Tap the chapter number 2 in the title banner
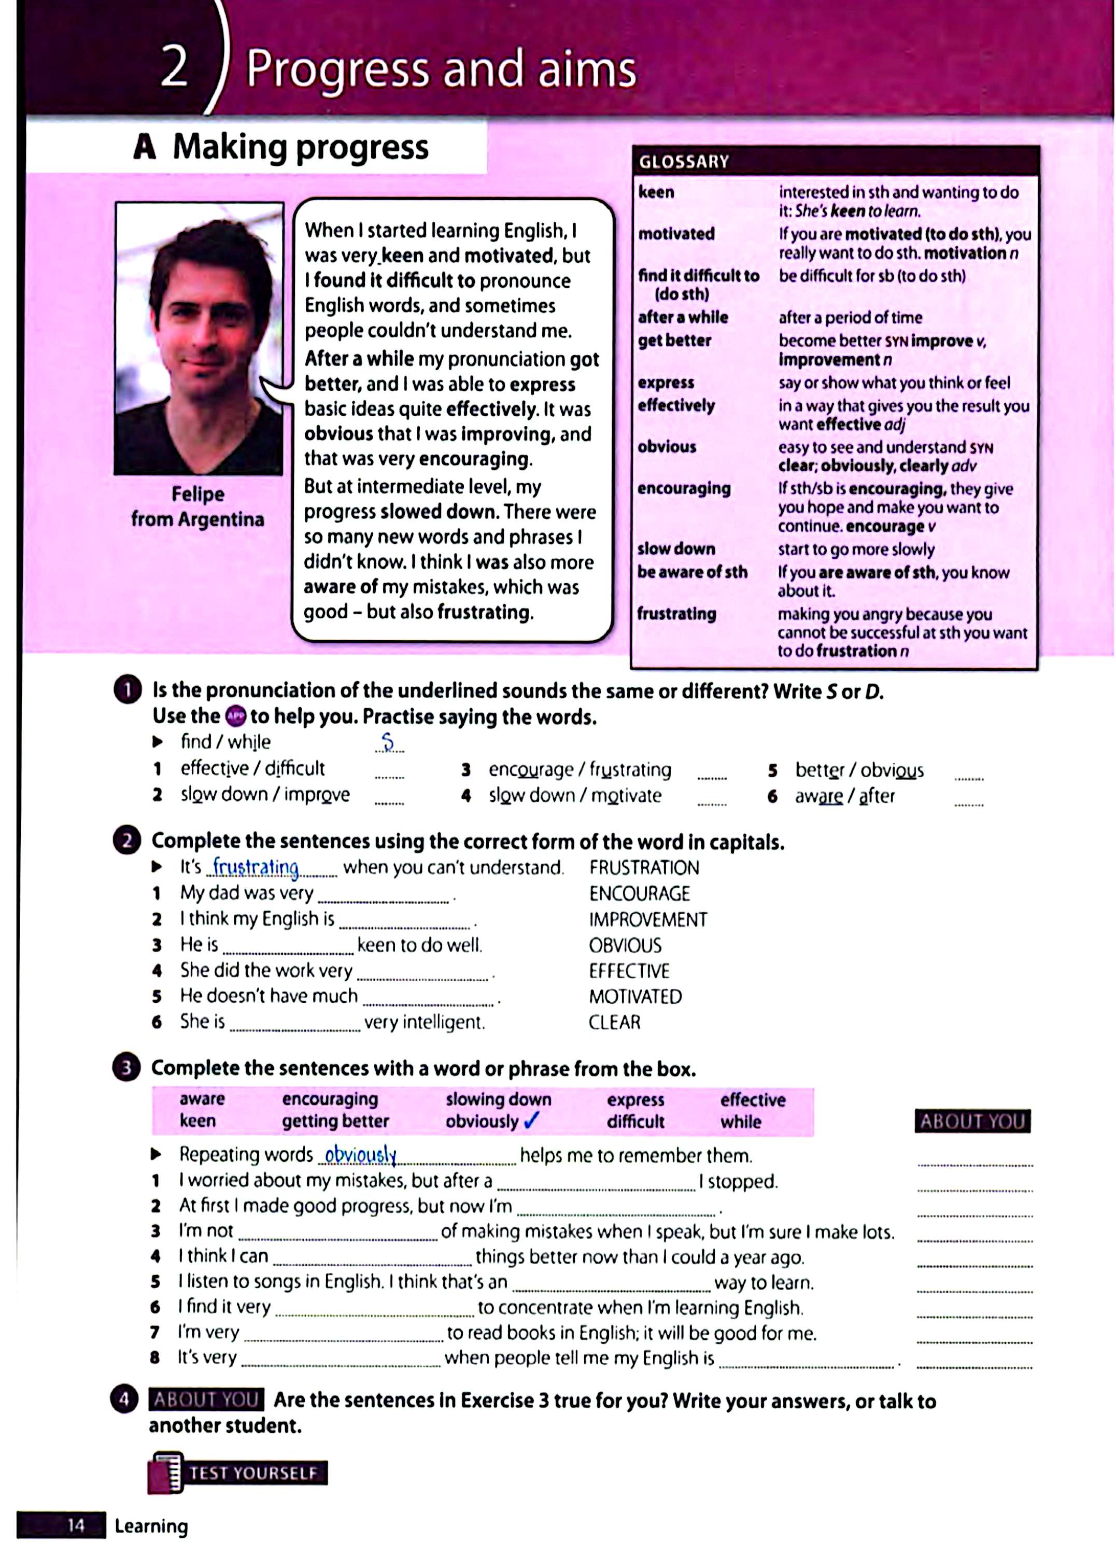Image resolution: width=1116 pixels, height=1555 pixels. pyautogui.click(x=175, y=68)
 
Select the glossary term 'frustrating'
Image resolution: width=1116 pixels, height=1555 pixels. pyautogui.click(x=676, y=614)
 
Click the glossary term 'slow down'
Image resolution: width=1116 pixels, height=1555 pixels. pyautogui.click(x=676, y=548)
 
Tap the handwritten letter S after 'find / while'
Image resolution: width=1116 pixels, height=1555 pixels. pyautogui.click(x=388, y=742)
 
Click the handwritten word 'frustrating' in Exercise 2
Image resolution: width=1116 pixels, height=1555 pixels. pyautogui.click(x=256, y=867)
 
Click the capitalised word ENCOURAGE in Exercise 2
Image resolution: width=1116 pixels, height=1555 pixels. pyautogui.click(x=639, y=894)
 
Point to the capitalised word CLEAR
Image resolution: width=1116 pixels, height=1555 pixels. pyautogui.click(x=614, y=1022)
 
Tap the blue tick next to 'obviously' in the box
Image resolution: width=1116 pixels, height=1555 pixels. pyautogui.click(x=531, y=1120)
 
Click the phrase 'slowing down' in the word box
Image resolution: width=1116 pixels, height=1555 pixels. pyautogui.click(x=498, y=1099)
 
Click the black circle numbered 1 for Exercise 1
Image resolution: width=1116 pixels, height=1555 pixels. pyautogui.click(x=127, y=690)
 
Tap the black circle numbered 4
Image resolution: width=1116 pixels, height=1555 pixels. pyautogui.click(x=124, y=1399)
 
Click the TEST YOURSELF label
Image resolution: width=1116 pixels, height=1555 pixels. pyautogui.click(x=252, y=1473)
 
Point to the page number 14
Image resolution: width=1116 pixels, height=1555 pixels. pyautogui.click(x=75, y=1525)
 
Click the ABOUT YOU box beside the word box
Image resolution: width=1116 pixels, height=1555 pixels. pyautogui.click(x=971, y=1121)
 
